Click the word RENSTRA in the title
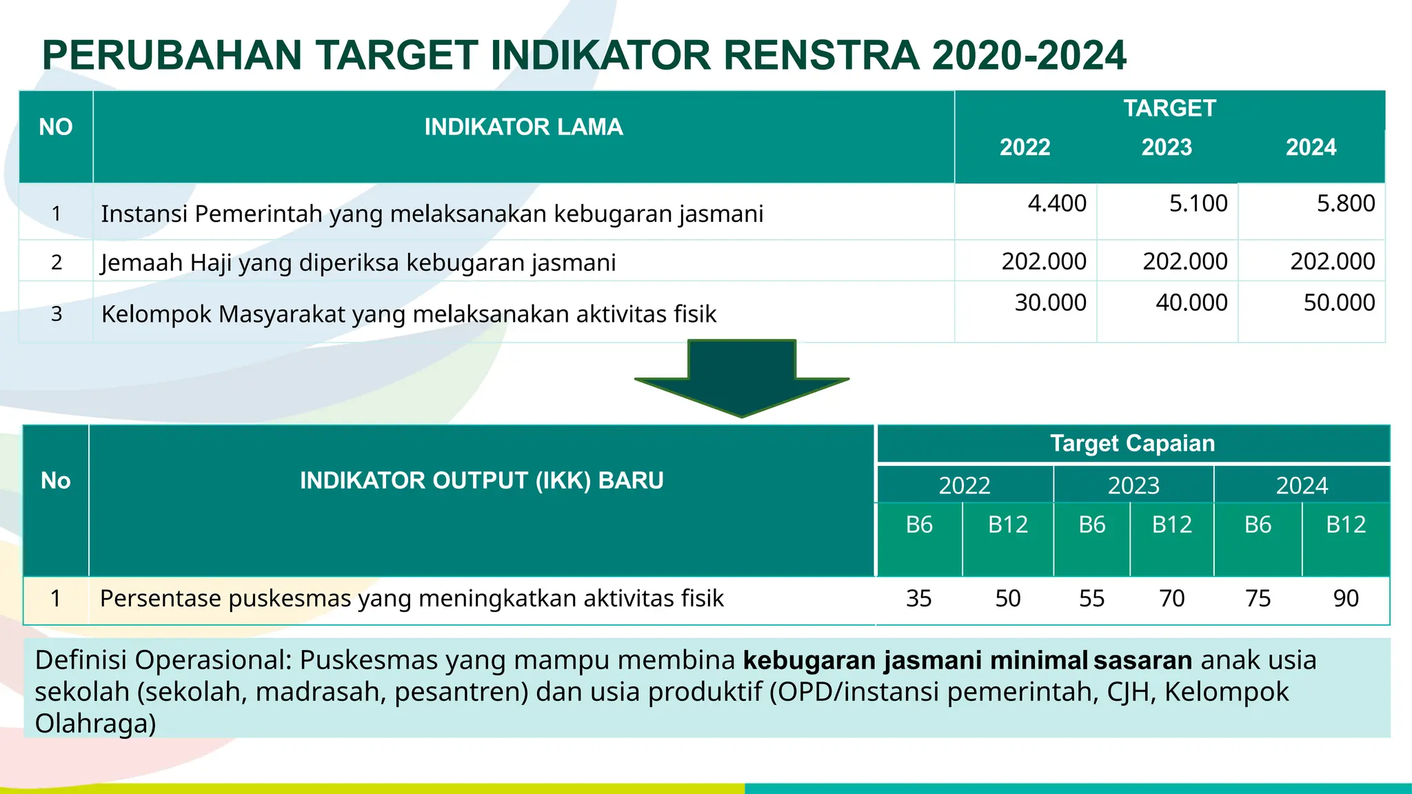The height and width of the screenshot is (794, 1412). [x=821, y=55]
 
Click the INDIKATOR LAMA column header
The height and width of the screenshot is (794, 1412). [x=523, y=127]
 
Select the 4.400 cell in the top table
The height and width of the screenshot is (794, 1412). [x=1056, y=203]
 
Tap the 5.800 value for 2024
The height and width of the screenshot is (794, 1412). [x=1345, y=203]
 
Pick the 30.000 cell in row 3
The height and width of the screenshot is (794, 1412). [x=1050, y=303]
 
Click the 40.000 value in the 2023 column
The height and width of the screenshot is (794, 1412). [x=1191, y=303]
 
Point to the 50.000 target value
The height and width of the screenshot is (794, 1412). [x=1339, y=303]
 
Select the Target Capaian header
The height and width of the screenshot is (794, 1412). [x=1132, y=443]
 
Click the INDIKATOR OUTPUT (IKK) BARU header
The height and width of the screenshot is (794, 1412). [x=481, y=480]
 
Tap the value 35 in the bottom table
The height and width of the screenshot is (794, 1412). [x=918, y=598]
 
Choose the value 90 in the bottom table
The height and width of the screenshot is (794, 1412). [x=1345, y=598]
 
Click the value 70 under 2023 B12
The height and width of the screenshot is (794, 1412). [x=1171, y=598]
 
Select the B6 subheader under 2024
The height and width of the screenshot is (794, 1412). [x=1258, y=525]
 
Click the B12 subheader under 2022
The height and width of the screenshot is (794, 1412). [x=1007, y=525]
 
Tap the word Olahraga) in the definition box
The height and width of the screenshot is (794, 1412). [x=95, y=723]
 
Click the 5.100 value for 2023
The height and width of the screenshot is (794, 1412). [x=1198, y=203]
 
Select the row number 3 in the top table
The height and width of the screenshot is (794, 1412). [x=57, y=314]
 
